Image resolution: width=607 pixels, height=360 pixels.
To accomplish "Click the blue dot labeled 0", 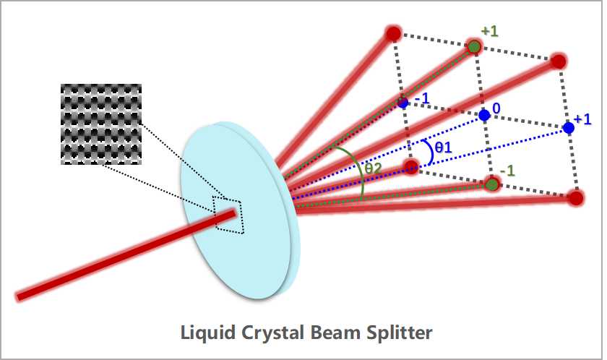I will coord(484,116).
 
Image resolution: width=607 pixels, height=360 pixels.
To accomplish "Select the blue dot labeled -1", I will coord(403,103).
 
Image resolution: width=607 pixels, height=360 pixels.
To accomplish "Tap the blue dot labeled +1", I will coord(569,128).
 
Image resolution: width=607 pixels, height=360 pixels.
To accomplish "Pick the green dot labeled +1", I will coord(474,47).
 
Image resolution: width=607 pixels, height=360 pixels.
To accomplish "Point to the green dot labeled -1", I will coord(492,185).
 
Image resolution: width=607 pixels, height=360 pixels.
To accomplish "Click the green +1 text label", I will coord(490,32).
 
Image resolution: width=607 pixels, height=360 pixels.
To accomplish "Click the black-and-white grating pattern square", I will coord(100,124).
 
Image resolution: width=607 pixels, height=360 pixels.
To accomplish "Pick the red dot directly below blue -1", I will coord(410,168).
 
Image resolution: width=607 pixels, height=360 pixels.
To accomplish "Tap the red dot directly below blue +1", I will coord(575,197).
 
